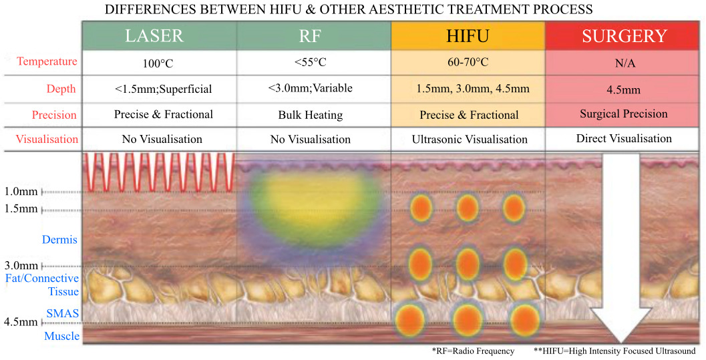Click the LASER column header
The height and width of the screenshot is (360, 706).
tap(154, 36)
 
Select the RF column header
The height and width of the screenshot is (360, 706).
tap(310, 36)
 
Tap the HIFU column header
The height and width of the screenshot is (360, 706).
tap(468, 36)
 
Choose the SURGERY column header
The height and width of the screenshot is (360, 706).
tap(624, 36)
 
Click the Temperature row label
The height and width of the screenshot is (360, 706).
tap(47, 61)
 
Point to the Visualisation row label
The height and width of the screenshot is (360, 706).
tap(47, 139)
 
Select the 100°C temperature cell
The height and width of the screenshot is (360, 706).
tap(158, 63)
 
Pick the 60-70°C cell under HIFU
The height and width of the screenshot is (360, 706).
tap(468, 62)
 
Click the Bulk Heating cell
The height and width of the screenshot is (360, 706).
tap(310, 115)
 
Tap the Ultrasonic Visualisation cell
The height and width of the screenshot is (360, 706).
tap(470, 140)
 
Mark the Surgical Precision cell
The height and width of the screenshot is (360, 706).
tap(624, 114)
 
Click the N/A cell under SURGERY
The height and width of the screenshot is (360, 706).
tap(625, 63)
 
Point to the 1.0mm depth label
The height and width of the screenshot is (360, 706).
tap(21, 192)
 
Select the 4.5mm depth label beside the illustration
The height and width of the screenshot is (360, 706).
tap(21, 322)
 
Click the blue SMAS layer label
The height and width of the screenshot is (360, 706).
tap(62, 313)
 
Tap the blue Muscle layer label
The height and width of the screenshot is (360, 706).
tap(61, 336)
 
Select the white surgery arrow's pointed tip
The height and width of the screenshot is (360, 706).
tap(622, 343)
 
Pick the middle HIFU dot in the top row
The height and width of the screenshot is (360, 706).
tap(468, 208)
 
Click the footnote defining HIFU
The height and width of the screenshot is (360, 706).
tap(614, 351)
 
